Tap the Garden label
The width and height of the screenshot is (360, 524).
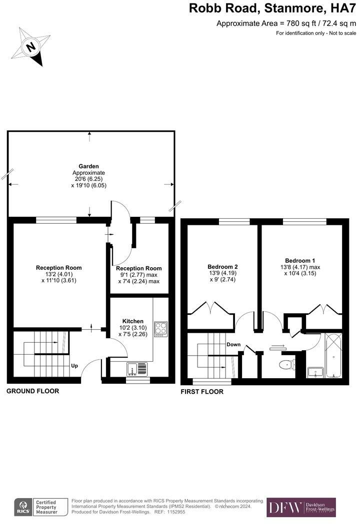click(88, 166)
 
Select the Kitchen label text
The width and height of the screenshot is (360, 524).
click(133, 321)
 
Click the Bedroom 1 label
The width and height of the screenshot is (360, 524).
click(300, 261)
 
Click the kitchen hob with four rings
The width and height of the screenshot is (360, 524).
click(161, 329)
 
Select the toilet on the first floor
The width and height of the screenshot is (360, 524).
click(285, 364)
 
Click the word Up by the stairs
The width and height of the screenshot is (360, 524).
click(74, 366)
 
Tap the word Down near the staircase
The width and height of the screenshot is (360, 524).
click(233, 345)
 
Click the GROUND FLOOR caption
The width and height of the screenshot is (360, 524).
click(32, 391)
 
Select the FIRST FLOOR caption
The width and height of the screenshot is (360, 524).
click(202, 392)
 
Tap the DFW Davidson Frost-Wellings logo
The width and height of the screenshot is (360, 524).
click(301, 507)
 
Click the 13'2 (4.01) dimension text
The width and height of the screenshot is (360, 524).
click(58, 274)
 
